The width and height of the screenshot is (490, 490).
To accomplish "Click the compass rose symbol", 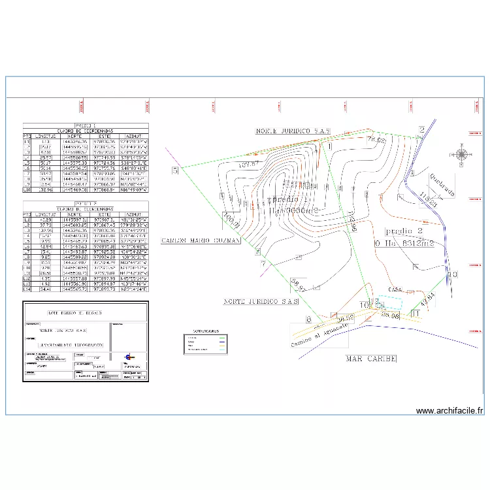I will (x=461, y=155).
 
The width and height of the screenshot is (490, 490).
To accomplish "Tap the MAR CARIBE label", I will (x=371, y=358).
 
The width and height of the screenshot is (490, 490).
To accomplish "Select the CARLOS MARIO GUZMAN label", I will (x=201, y=240).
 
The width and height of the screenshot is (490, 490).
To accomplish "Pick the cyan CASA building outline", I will (x=391, y=302).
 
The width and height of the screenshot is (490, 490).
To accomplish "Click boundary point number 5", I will (x=175, y=171).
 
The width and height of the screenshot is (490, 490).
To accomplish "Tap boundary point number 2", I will (x=422, y=129).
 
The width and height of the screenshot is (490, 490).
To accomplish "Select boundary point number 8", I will (x=308, y=319).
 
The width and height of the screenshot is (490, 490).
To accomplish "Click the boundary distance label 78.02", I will (x=377, y=140).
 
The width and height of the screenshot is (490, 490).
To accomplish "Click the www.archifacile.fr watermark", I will (x=449, y=410).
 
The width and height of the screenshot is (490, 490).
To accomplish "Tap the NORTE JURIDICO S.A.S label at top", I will (x=292, y=131).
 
